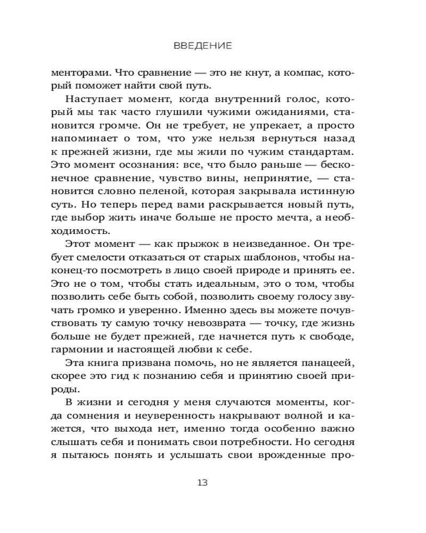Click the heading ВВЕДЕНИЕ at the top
coord(202,46)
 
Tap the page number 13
coord(202,483)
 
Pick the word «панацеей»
coord(327,362)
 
